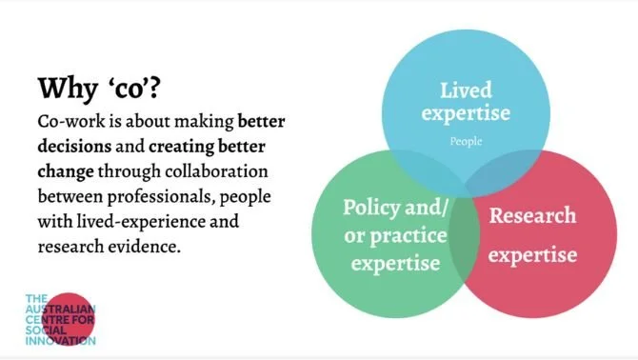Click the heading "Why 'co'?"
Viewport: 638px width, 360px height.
click(100, 89)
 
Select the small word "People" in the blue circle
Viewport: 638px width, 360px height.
click(467, 142)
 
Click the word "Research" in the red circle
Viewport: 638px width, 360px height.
click(532, 215)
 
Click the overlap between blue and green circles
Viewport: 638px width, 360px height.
click(419, 171)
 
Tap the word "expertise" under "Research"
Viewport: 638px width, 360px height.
click(533, 255)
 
